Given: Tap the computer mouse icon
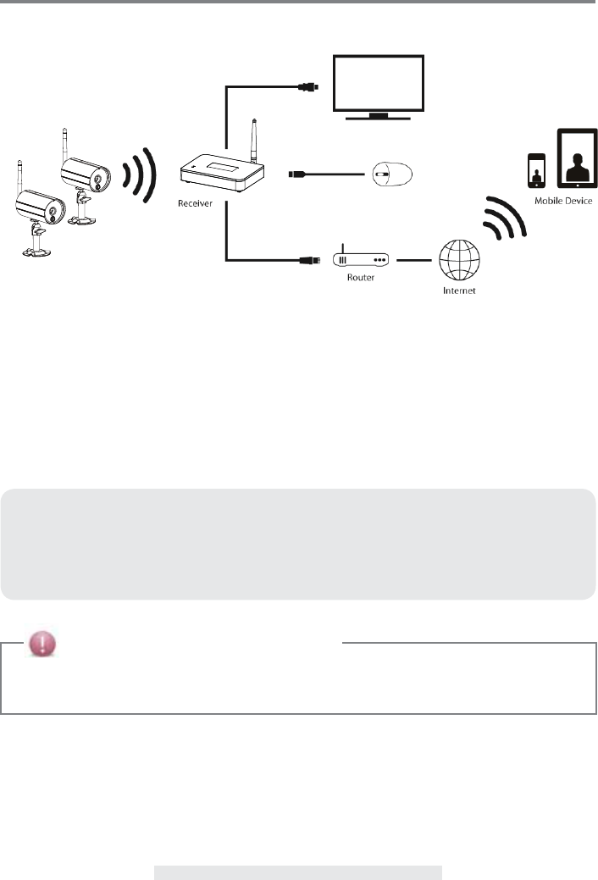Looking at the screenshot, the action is (x=390, y=175).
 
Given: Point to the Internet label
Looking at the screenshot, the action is (x=460, y=291).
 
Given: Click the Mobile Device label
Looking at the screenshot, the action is (x=562, y=201).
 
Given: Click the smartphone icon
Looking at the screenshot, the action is (x=535, y=170).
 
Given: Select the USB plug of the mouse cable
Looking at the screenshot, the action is (x=297, y=175).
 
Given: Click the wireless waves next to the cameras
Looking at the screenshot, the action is (x=138, y=174).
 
